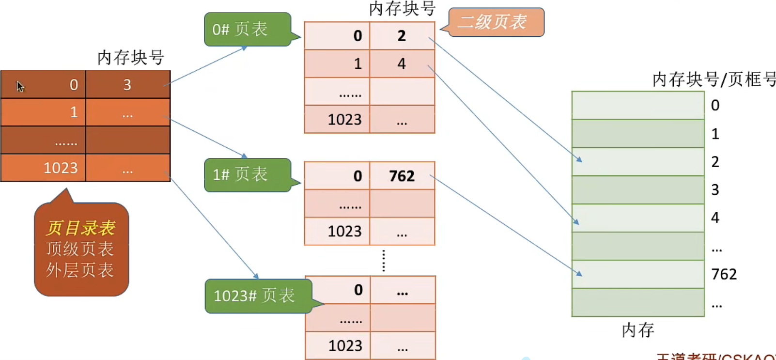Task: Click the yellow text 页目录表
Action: [81, 228]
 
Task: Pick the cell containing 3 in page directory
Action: [127, 85]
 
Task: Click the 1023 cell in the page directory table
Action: [44, 168]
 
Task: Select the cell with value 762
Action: [402, 176]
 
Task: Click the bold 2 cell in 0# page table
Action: [402, 36]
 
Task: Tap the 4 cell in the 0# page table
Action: [402, 64]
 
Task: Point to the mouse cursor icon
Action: [20, 87]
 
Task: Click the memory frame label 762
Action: [724, 274]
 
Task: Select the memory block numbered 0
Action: [637, 105]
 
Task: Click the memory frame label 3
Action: [715, 190]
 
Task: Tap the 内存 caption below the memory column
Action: [638, 330]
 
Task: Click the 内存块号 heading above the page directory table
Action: [131, 58]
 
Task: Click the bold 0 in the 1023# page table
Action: [358, 290]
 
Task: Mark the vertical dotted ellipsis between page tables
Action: [384, 261]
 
